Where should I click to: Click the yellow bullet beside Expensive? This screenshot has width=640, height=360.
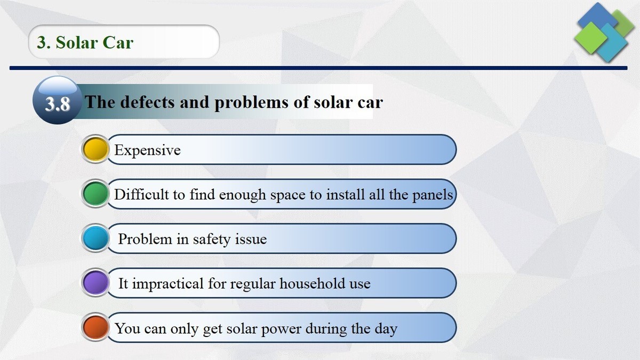coord(95,150)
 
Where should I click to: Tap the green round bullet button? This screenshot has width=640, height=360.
coord(95,194)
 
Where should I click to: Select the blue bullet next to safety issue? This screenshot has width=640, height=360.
coord(95,238)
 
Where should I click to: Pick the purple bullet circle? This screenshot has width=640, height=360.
coord(95,283)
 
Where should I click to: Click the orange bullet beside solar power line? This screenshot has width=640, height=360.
coord(95,327)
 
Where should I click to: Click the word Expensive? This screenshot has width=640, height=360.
coord(147,150)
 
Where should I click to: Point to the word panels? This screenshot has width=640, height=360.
coord(433,195)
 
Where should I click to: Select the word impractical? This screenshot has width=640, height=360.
coord(168,283)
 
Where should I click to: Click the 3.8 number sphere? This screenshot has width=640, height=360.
coord(57,102)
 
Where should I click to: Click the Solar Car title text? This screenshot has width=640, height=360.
coord(85,42)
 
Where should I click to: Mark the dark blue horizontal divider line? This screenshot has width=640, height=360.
coord(320,68)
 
